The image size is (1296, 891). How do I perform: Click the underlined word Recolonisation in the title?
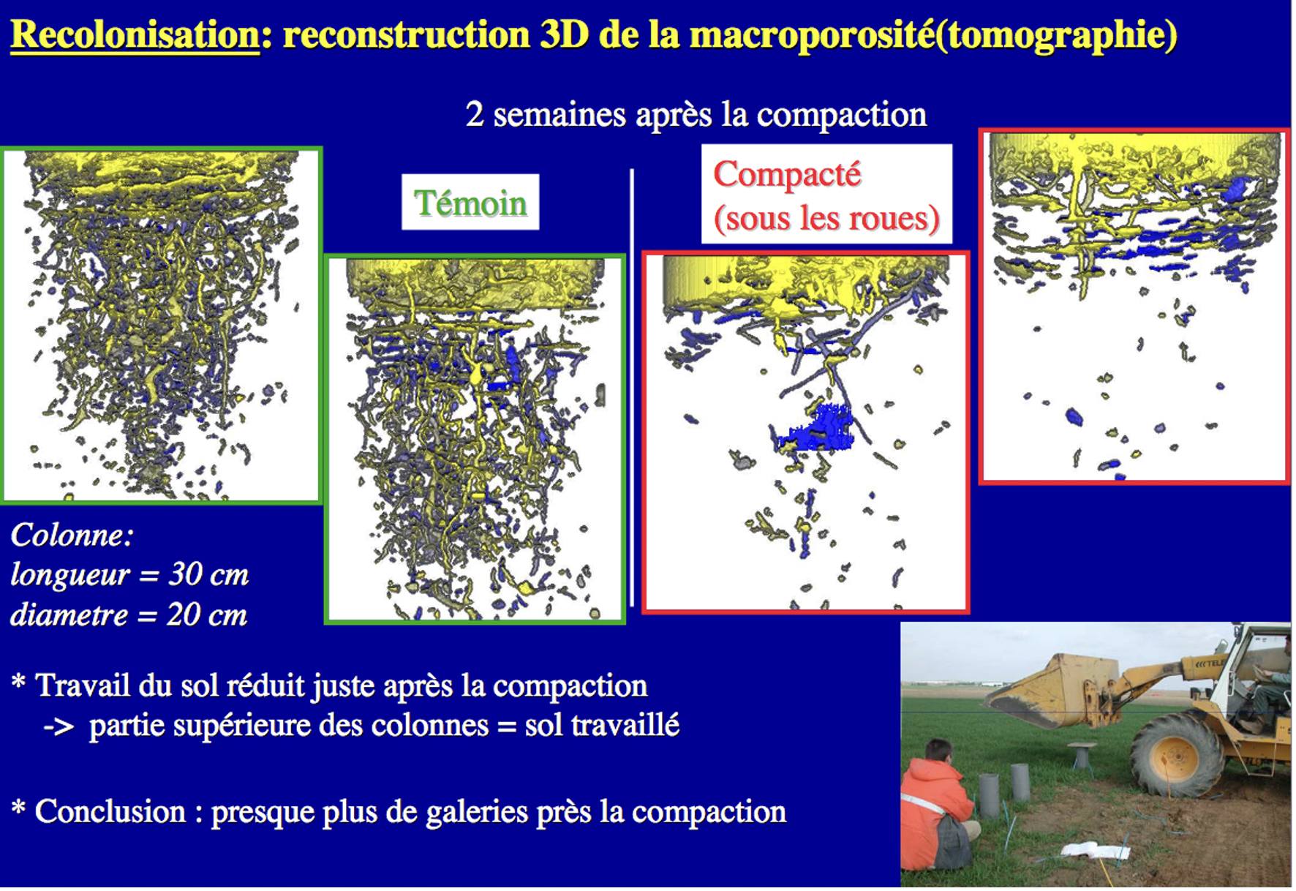click(x=135, y=34)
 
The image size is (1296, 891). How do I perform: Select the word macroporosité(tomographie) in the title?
click(x=934, y=34)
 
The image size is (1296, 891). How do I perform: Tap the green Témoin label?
click(x=470, y=203)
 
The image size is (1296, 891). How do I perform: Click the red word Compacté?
click(x=787, y=175)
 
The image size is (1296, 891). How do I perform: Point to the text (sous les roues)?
click(x=826, y=219)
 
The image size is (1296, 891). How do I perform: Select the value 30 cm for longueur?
click(x=208, y=575)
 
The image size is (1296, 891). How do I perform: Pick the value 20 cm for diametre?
click(x=207, y=615)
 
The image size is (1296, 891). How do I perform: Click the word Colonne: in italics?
click(x=72, y=535)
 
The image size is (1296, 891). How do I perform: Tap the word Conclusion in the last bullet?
click(x=110, y=812)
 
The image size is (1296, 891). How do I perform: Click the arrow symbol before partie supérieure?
click(x=59, y=727)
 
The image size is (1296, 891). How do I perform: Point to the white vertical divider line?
click(x=632, y=388)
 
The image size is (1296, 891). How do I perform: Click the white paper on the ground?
click(x=1095, y=850)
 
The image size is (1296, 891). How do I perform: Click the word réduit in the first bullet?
click(x=265, y=686)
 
